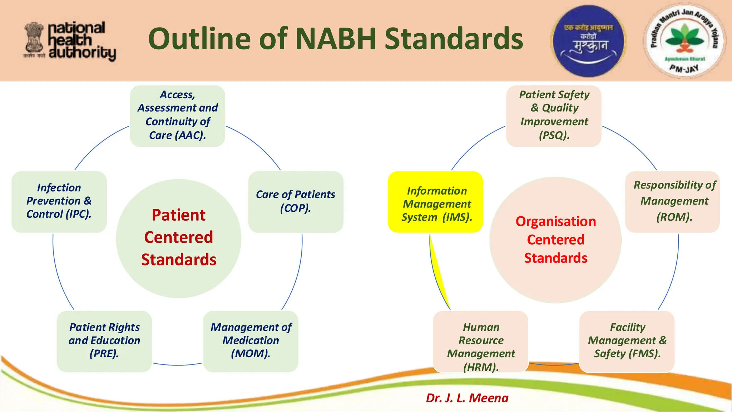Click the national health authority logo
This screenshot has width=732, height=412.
pyautogui.click(x=70, y=41)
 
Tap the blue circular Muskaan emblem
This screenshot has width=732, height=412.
pyautogui.click(x=588, y=41)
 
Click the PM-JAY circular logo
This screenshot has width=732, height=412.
pyautogui.click(x=684, y=41)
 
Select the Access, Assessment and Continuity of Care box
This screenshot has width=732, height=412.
pyautogui.click(x=177, y=116)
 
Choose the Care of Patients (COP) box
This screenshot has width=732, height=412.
pyautogui.click(x=296, y=201)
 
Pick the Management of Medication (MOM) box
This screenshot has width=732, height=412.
pyautogui.click(x=251, y=341)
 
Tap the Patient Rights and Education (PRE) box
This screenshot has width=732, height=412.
pyautogui.click(x=104, y=341)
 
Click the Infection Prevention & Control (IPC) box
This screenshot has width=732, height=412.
pyautogui.click(x=59, y=201)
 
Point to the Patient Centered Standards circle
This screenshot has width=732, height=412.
pyautogui.click(x=179, y=238)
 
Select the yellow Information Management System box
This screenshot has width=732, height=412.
pyautogui.click(x=435, y=202)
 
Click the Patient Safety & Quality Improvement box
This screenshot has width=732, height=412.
pyautogui.click(x=554, y=116)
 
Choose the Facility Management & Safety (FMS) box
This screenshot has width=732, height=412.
pyautogui.click(x=627, y=341)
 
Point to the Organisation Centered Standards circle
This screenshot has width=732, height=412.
pyautogui.click(x=555, y=240)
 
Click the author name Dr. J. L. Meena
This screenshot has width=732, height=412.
pyautogui.click(x=467, y=398)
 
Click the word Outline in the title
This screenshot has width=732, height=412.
pyautogui.click(x=200, y=39)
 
